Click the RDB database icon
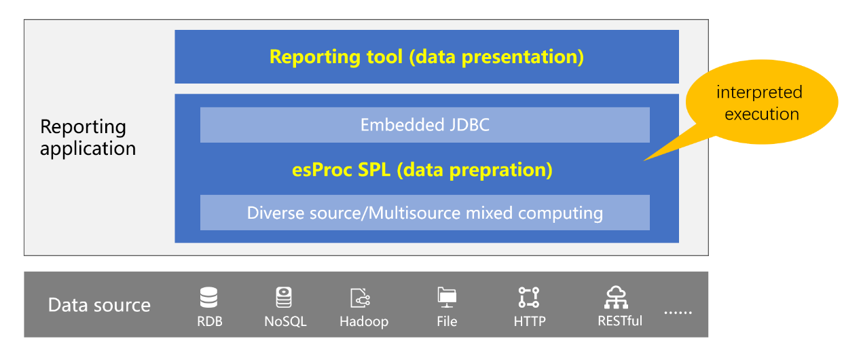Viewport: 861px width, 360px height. click(208, 298)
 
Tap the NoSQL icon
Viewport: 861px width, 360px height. click(284, 298)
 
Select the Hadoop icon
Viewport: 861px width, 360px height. click(360, 298)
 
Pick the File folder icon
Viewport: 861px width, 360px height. click(447, 298)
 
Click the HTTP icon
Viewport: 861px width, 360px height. click(529, 298)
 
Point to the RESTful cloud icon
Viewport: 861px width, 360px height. click(616, 298)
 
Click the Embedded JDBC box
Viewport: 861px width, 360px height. click(425, 125)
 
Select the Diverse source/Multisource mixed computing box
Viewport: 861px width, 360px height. click(425, 213)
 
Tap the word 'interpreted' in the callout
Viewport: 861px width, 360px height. click(759, 92)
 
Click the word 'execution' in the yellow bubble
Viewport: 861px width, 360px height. click(762, 114)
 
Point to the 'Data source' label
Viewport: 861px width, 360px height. click(99, 305)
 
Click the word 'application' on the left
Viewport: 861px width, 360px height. click(88, 149)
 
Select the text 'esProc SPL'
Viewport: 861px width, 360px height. click(342, 170)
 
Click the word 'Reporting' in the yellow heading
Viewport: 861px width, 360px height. click(315, 57)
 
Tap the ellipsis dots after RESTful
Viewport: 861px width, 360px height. click(678, 312)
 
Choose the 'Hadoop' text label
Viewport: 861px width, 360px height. click(364, 321)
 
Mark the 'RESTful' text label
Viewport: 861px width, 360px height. click(620, 321)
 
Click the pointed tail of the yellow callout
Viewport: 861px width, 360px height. click(644, 160)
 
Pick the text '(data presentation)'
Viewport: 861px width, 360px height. click(496, 57)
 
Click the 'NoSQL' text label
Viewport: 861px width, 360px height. click(285, 321)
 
